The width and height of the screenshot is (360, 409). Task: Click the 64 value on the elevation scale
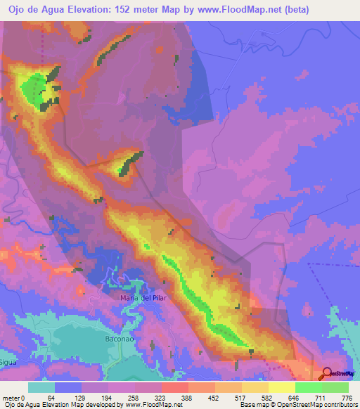click(51, 398)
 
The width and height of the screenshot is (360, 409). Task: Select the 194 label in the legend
click(105, 398)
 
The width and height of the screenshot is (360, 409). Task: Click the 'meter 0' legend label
click(13, 398)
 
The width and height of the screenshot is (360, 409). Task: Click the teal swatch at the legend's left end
click(41, 387)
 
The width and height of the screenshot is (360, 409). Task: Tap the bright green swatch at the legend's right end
click(335, 387)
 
